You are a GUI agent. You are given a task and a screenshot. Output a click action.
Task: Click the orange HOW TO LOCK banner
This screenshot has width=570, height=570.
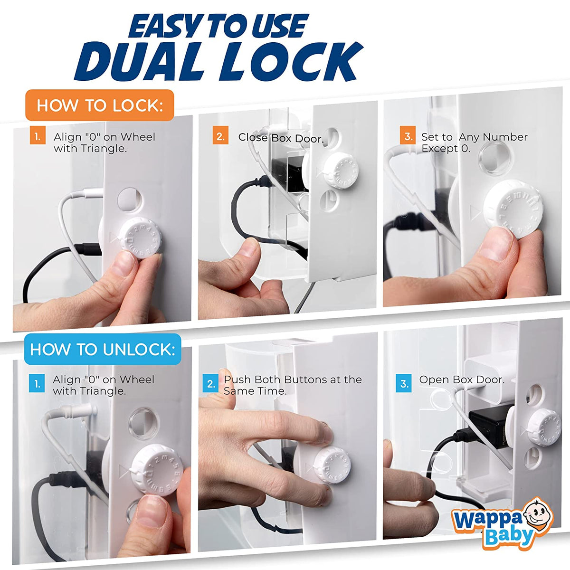point(100,105)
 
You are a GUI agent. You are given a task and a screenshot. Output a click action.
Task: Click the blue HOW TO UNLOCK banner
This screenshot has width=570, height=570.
point(103,350)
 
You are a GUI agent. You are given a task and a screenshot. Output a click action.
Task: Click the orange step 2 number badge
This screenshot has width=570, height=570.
point(220,137)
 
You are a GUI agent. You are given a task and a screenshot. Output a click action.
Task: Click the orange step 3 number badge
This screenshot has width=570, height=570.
point(408,137)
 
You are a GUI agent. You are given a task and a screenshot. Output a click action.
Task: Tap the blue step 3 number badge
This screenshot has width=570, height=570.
point(404,383)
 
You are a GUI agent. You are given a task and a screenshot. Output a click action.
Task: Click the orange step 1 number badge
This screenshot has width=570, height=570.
point(37,137)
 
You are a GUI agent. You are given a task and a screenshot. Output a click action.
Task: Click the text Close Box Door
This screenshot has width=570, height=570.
point(281,138)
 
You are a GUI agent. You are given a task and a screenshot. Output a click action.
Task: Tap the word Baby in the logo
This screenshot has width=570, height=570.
point(508,536)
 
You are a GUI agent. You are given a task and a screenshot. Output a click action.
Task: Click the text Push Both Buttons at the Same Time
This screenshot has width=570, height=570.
point(293,385)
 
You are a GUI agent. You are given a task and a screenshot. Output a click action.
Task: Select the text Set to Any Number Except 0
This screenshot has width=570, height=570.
point(474,142)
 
